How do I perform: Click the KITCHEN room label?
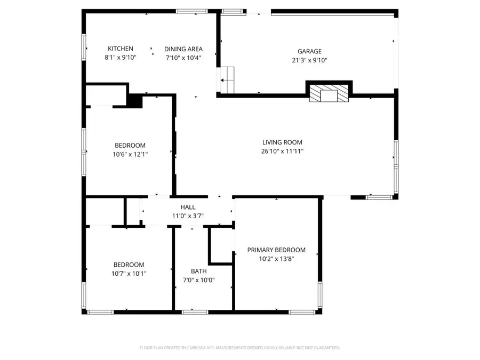tap(121, 49)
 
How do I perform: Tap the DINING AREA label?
tap(183, 49)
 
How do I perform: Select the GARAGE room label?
tap(309, 52)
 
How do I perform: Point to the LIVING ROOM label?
tap(282, 142)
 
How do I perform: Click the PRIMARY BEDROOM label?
tap(276, 250)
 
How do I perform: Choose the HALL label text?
tap(187, 207)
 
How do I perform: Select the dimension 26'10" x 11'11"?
tap(282, 151)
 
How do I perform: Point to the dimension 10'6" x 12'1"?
tap(130, 154)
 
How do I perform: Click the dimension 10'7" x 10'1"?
tap(129, 273)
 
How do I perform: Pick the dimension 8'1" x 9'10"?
tap(121, 57)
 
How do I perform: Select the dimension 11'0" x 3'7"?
tap(187, 215)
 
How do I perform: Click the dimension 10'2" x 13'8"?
tap(276, 259)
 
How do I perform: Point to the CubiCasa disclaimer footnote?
tap(239, 348)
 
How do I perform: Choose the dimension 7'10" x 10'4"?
tap(183, 58)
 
